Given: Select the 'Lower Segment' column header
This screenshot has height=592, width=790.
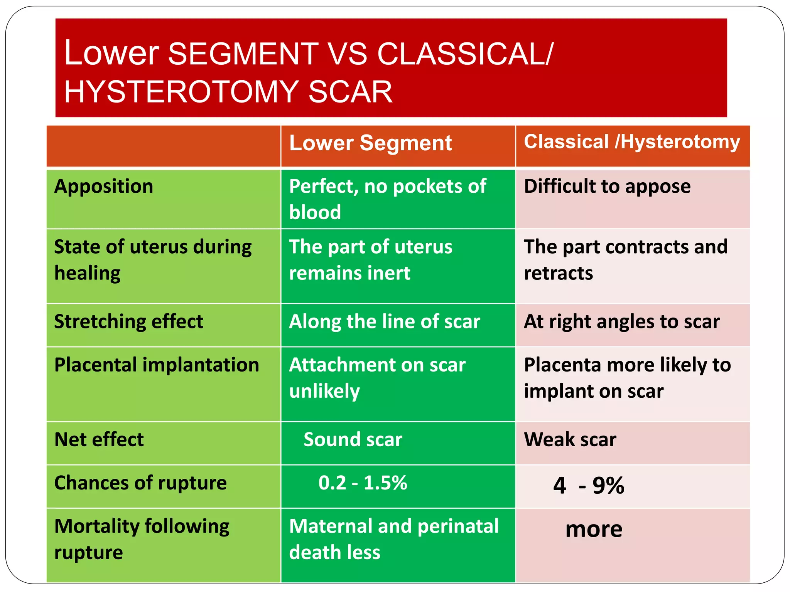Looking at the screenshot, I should (370, 143).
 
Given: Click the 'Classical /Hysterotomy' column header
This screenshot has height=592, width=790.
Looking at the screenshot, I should (632, 141).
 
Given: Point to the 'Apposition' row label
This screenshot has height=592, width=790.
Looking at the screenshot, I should (104, 186).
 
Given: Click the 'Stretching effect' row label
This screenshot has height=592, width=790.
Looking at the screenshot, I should (128, 321).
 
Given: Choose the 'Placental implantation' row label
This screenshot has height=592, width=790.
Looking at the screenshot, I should (157, 365).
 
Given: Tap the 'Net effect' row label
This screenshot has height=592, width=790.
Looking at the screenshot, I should (99, 439).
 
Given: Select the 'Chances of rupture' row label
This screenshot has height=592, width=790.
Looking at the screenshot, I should (140, 483).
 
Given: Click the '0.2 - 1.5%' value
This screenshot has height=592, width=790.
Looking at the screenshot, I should (363, 483).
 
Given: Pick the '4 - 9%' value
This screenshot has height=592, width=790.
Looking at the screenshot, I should (589, 485).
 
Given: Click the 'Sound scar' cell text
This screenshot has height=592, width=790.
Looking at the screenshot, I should (353, 439).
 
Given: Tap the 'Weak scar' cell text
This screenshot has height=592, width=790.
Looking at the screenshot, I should (570, 439).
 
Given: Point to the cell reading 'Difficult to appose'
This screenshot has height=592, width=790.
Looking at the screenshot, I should (607, 186).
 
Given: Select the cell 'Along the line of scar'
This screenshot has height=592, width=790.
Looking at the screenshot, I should (385, 321).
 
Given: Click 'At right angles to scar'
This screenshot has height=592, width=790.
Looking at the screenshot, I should (622, 321).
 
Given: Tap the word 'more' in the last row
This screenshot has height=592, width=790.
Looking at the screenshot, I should (594, 529).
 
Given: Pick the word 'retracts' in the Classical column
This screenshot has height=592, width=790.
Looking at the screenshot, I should (558, 273).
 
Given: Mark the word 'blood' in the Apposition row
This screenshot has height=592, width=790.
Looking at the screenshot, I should (315, 212).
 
